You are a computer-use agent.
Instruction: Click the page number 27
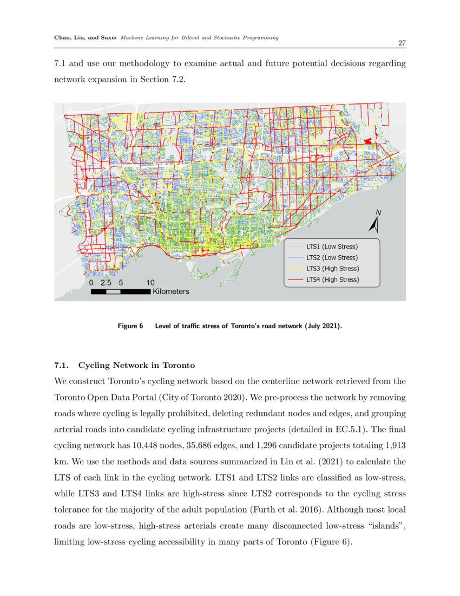coord(402,43)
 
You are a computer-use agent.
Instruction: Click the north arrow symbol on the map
coord(373,222)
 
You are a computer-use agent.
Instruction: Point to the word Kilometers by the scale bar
coord(171,291)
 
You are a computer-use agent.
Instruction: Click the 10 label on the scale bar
coord(150,282)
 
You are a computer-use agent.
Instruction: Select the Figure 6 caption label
coord(130,326)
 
